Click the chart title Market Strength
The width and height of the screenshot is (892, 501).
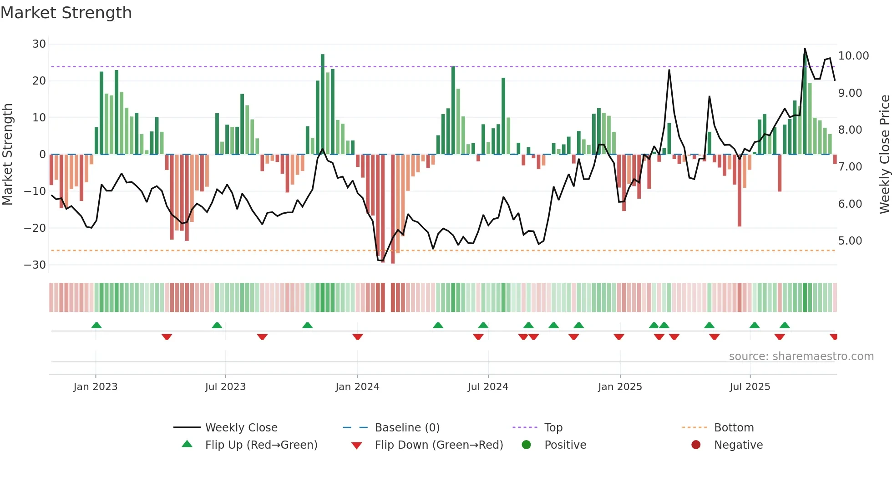click(66, 13)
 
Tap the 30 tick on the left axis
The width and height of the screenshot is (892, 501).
click(39, 44)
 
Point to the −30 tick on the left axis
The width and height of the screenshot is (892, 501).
click(35, 265)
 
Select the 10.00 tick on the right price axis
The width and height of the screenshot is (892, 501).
click(853, 56)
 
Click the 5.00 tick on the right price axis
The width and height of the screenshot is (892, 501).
click(850, 241)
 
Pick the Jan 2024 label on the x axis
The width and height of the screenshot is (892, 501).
click(357, 387)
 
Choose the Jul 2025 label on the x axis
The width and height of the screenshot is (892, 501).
click(750, 387)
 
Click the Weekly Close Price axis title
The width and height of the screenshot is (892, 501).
click(884, 155)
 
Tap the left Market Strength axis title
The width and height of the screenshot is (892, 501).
click(7, 155)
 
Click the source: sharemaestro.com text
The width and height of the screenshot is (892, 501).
click(801, 356)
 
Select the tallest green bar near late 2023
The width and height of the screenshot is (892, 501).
click(323, 105)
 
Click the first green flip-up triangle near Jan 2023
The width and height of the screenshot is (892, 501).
click(96, 325)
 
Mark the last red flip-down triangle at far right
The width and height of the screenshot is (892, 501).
click(834, 337)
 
